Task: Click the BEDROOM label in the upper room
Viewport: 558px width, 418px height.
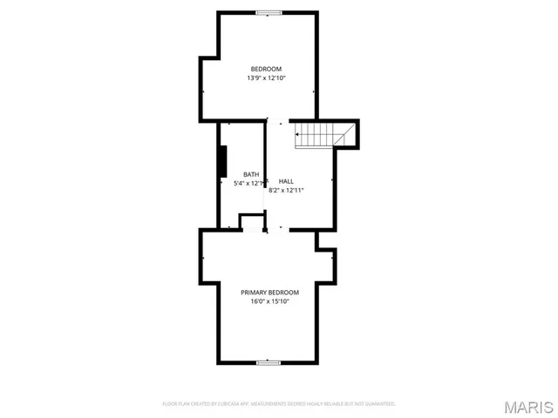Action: [x=266, y=69]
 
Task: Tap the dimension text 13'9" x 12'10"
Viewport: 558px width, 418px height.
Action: [x=266, y=78]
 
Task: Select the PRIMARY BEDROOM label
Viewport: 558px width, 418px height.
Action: [x=269, y=293]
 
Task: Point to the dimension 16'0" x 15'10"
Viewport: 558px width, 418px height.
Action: [x=269, y=302]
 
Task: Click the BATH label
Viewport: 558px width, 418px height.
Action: [x=251, y=174]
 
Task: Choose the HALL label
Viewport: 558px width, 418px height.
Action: [x=286, y=181]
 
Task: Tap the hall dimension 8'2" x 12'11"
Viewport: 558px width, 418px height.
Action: [x=286, y=190]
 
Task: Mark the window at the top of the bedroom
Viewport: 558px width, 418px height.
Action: [x=269, y=12]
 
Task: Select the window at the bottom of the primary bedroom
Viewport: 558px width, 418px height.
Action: [x=269, y=362]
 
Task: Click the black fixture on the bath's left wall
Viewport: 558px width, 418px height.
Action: [x=223, y=161]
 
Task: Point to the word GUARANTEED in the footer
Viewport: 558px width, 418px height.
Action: [x=378, y=404]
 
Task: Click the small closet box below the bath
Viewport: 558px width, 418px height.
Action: [x=251, y=225]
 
